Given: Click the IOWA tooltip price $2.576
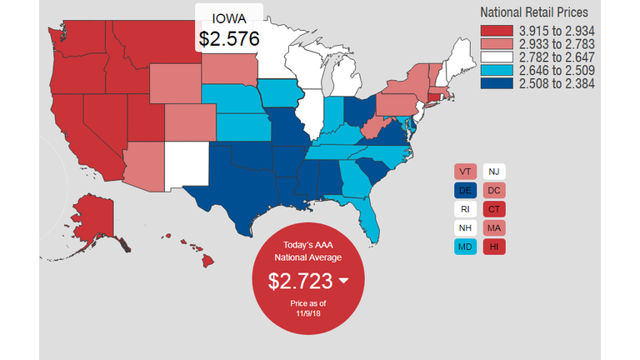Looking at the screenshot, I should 229,38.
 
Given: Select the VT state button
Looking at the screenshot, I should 465,172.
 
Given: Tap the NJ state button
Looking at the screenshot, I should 494,172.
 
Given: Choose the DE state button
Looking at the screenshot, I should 465,191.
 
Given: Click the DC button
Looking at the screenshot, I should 494,191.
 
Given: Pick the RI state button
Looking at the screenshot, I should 465,209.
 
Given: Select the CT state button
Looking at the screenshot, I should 494,209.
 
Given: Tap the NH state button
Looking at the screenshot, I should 465,228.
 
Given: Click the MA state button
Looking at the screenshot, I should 494,228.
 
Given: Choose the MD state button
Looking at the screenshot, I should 465,247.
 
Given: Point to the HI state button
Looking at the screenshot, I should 494,247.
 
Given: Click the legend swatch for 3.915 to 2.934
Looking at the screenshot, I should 497,30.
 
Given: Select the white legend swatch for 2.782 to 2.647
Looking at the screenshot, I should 497,57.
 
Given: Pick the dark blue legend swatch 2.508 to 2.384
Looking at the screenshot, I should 497,83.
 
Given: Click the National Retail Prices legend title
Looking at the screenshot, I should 534,12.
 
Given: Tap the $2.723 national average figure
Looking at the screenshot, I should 300,281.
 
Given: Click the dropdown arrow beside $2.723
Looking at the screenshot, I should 342,281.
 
